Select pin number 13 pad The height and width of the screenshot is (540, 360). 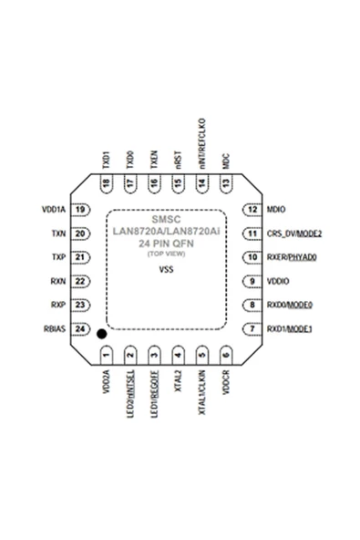pos(224,184)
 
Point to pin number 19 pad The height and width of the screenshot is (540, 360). pos(80,210)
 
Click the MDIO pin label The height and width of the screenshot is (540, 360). pos(276,210)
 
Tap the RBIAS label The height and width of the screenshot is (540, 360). pos(52,328)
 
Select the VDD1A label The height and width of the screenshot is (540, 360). pos(52,210)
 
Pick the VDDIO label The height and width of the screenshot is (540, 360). pos(278,281)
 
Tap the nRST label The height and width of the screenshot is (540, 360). pos(178,161)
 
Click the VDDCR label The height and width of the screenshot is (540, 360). pos(225,383)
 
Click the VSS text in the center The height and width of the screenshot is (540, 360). pos(166,271)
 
